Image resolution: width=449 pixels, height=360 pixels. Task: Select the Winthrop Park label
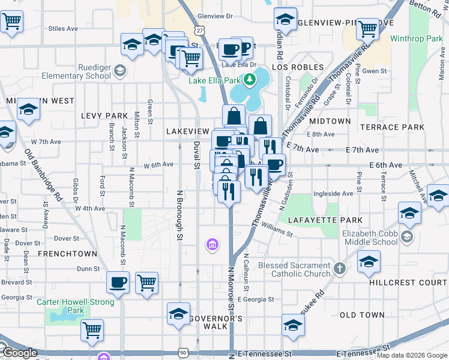[416, 39]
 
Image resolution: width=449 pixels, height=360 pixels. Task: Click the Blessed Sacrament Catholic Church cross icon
[340, 268]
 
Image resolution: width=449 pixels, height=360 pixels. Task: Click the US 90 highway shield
[183, 354]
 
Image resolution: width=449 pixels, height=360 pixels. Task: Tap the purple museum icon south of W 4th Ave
[211, 244]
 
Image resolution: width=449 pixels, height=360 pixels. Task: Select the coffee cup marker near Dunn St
[118, 283]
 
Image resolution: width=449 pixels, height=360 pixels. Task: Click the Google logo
[19, 353]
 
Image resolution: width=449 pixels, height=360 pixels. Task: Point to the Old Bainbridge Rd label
[43, 175]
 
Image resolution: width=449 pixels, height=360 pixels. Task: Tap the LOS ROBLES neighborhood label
[298, 67]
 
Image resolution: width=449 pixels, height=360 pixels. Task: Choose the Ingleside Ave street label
[333, 194]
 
